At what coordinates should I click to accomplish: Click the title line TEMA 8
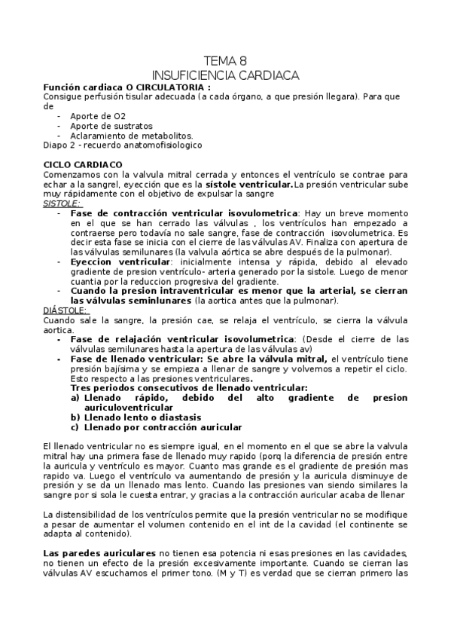tap(225, 61)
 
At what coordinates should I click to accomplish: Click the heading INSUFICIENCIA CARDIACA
tap(225, 75)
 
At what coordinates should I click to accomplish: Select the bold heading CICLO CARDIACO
tap(83, 164)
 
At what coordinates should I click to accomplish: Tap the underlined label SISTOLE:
tap(62, 203)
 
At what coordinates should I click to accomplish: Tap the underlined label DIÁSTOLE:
tap(65, 310)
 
